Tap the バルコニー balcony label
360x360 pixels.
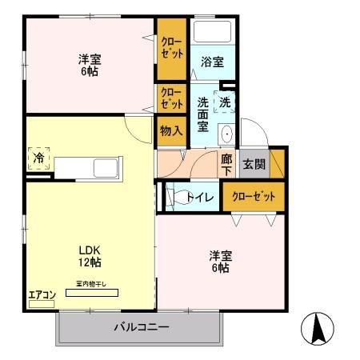(141, 327)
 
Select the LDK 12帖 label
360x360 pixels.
(89, 255)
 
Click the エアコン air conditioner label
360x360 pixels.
(42, 295)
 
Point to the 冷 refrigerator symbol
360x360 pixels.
(38, 158)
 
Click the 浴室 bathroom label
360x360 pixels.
(211, 61)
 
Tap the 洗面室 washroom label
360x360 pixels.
(202, 114)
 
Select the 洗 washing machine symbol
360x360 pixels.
(225, 102)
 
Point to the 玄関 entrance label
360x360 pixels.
(254, 164)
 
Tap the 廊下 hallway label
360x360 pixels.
(227, 165)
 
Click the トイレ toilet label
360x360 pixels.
(199, 197)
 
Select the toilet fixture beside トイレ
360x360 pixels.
(171, 196)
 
